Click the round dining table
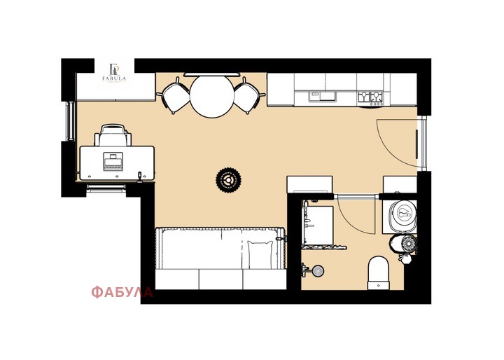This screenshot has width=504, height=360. [212, 96]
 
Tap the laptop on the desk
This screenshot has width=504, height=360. [113, 161]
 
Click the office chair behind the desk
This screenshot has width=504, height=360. [113, 135]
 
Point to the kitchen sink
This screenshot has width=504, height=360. [322, 97]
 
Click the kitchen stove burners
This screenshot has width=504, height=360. [370, 98]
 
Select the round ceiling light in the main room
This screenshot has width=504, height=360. [228, 180]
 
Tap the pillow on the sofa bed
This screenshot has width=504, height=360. [260, 255]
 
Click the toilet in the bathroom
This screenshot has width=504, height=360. [379, 273]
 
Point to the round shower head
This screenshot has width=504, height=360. [318, 271]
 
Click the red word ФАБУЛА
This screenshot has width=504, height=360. [122, 292]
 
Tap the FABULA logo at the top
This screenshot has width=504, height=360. [114, 74]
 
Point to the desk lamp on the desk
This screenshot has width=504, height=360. [140, 177]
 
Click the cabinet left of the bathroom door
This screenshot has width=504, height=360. [309, 184]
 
